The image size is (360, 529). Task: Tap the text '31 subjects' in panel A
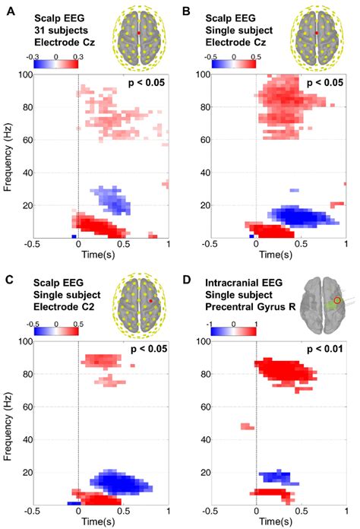pyautogui.click(x=56, y=29)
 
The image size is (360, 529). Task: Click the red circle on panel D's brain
pyautogui.click(x=338, y=300)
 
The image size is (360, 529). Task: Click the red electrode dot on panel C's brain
pyautogui.click(x=151, y=301)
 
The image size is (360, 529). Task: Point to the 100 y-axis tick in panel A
pyautogui.click(x=22, y=74)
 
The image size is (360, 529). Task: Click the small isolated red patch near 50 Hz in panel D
pyautogui.click(x=247, y=426)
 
